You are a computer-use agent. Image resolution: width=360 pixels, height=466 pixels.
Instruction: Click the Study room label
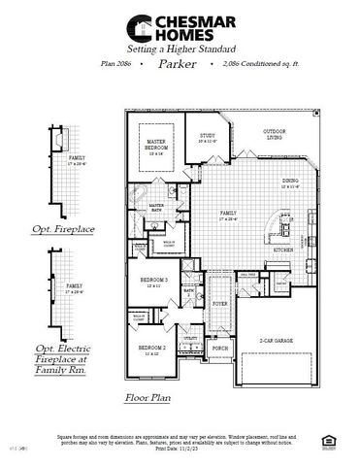click(208, 138)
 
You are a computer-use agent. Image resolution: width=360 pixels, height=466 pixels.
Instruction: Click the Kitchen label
click(283, 250)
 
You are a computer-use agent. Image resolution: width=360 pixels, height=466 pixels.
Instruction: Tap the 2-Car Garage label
click(277, 341)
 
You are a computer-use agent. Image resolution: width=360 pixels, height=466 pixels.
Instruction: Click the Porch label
click(220, 348)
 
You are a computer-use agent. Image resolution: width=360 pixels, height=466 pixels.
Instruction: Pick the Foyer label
click(220, 303)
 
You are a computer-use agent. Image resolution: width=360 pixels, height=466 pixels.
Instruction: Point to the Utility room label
click(190, 338)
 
